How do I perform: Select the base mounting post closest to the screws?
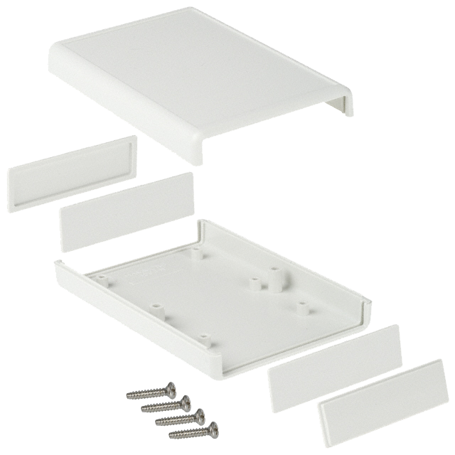click(203, 336)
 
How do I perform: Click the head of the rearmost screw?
click(170, 388)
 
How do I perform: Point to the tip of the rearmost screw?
click(129, 395)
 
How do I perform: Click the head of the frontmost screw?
click(212, 429)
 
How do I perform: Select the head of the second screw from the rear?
click(186, 402)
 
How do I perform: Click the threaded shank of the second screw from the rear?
click(162, 407)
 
